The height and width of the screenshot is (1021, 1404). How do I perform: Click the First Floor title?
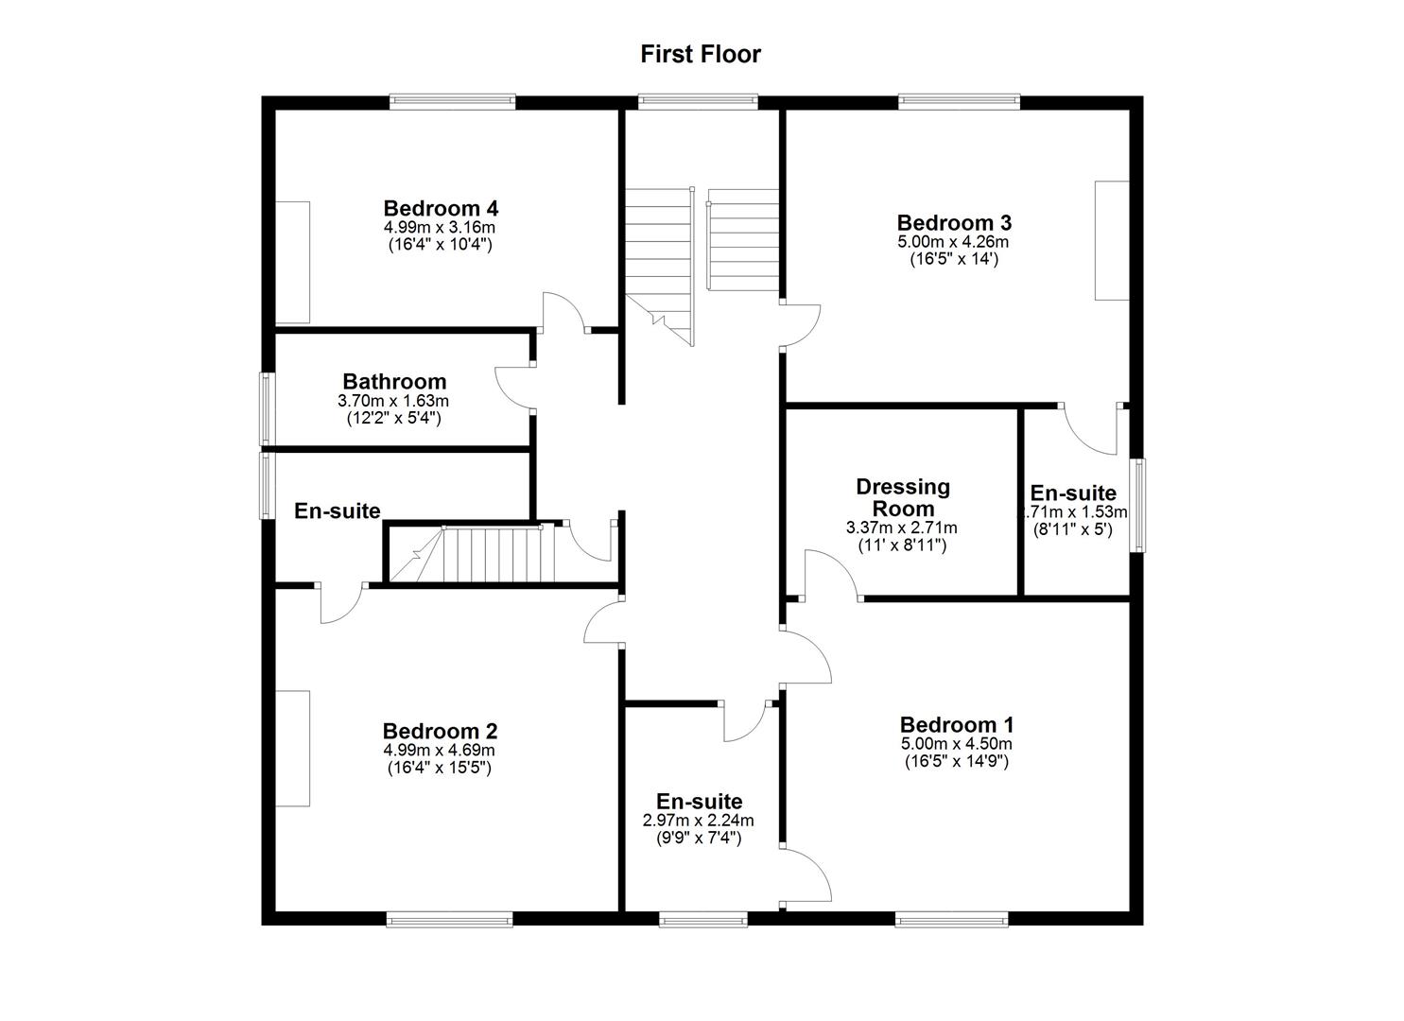click(x=700, y=55)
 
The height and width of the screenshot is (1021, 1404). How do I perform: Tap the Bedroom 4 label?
click(x=441, y=208)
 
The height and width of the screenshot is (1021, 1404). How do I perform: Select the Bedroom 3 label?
click(x=954, y=223)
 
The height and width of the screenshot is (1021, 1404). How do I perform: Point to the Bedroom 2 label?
click(x=440, y=731)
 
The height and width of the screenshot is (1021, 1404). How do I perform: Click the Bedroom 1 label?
click(x=957, y=725)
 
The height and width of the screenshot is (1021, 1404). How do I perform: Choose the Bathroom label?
click(x=394, y=382)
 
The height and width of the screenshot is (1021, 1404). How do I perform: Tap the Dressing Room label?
click(x=903, y=497)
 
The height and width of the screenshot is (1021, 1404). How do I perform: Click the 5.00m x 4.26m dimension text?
click(x=954, y=242)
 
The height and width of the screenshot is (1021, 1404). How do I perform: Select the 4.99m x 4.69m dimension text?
click(x=440, y=751)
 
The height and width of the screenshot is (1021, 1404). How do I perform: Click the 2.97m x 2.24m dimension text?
click(x=699, y=821)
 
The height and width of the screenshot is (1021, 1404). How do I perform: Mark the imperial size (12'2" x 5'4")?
click(x=393, y=417)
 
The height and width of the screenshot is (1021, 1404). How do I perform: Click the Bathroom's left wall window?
click(x=268, y=408)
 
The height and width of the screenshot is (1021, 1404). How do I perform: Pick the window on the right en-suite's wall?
click(x=1138, y=505)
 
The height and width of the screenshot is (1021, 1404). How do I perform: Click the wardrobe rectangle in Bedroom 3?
click(x=1112, y=240)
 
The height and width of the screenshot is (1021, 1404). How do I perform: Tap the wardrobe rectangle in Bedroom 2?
click(x=293, y=748)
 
